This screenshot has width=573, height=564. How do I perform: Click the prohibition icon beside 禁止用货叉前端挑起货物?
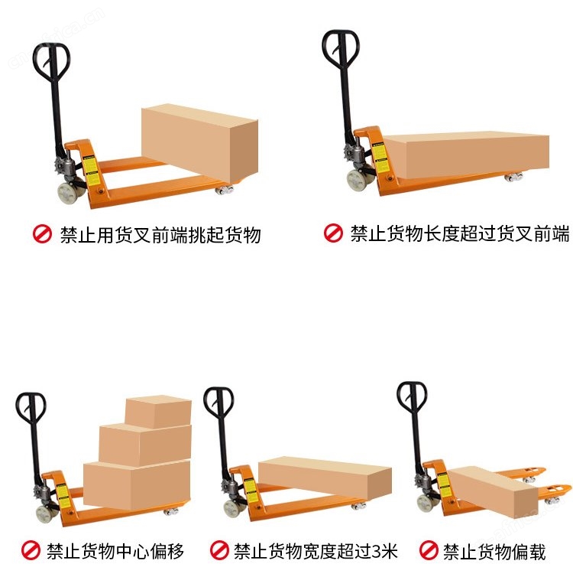[42, 233]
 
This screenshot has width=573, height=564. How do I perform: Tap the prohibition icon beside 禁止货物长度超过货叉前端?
[333, 233]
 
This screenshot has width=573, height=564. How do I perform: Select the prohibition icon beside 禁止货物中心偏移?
[31, 550]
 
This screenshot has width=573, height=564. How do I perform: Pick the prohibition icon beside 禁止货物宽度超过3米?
[219, 550]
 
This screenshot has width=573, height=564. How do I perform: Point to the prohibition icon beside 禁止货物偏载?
[429, 550]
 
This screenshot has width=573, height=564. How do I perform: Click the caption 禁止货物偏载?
[494, 551]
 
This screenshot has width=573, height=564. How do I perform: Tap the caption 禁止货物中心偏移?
[115, 551]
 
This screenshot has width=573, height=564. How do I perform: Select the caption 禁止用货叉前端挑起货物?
[160, 235]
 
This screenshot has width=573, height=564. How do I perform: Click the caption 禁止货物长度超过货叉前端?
[460, 233]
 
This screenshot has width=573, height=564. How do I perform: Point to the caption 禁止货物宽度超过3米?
[316, 551]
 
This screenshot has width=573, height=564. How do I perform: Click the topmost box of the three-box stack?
[158, 412]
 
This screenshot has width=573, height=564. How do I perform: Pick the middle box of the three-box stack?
[145, 445]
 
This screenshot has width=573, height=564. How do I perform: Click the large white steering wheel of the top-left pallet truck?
[68, 193]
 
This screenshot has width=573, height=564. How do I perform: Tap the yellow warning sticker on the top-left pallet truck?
[91, 170]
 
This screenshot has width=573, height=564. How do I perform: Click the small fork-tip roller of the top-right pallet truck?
[514, 177]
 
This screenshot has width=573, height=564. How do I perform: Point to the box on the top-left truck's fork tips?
[200, 143]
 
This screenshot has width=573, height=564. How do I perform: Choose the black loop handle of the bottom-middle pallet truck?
[219, 403]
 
